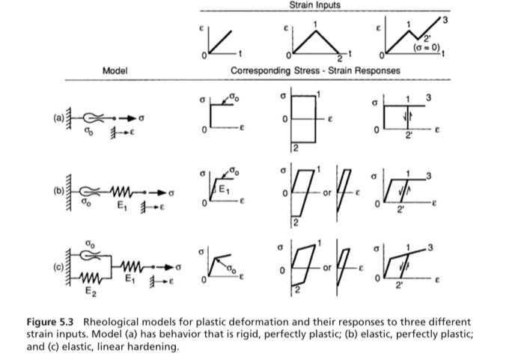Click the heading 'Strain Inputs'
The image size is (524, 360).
click(314, 5)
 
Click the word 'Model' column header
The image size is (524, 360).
click(115, 70)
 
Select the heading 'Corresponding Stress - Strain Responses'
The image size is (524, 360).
click(315, 70)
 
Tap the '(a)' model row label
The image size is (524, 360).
click(58, 115)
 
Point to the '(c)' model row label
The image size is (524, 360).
click(58, 265)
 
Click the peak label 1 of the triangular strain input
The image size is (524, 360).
click(316, 25)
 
